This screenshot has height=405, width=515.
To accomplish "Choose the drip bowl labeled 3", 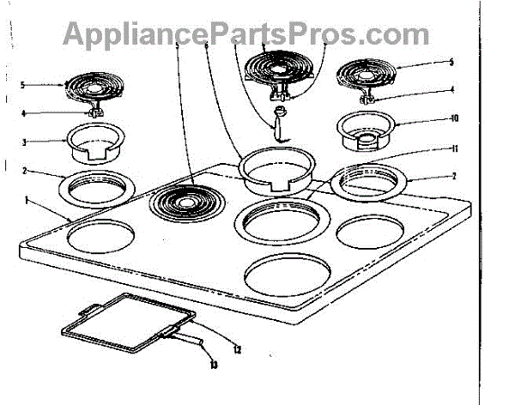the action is [91, 142].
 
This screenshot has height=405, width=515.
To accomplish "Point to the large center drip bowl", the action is [274, 169].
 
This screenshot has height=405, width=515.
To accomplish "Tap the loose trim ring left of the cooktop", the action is [92, 187].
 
